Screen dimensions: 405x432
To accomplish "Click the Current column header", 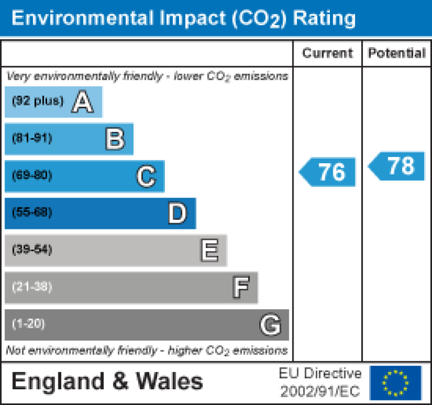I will pos(328,53).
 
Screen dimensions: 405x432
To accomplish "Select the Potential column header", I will pos(397,53).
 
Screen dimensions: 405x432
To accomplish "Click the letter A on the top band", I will pos(82,102).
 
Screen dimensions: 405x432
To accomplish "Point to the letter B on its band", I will pos(115,139).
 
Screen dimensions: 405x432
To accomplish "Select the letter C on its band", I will pos(146,177).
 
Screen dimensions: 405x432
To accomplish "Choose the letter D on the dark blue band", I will pos(177,214).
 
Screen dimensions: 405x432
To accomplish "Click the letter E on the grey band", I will pos(209,251).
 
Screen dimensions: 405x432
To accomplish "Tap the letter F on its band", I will pos(241,288).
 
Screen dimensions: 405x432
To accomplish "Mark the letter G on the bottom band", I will pos(270,325).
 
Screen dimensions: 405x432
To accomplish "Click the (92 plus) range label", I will pos(38,102).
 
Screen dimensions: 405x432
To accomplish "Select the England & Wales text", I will pos(107,382).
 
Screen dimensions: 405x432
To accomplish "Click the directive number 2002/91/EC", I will pos(320,390).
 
